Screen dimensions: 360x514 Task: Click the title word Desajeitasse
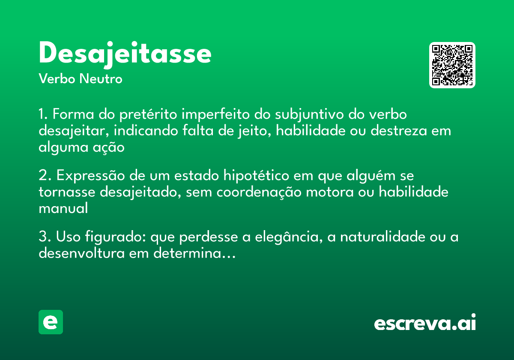[125, 54]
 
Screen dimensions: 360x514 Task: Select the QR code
[452, 65]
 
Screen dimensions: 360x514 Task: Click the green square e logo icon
[51, 322]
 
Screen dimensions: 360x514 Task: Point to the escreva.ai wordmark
[425, 323]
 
